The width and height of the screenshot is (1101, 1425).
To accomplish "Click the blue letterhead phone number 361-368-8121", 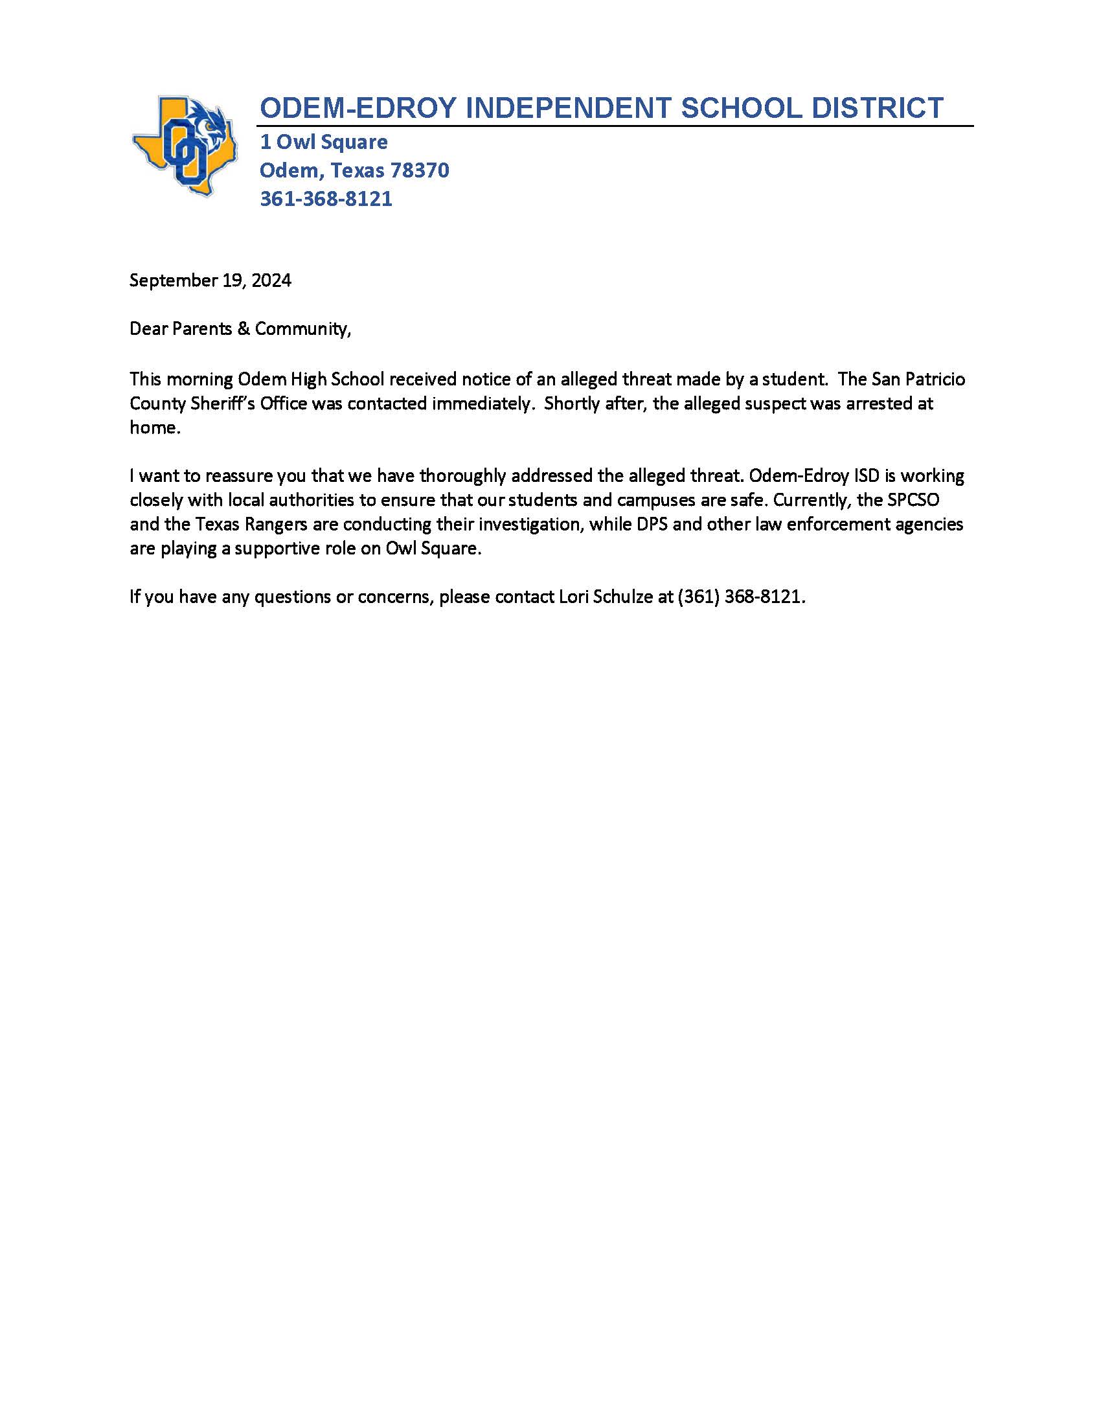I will (x=326, y=198).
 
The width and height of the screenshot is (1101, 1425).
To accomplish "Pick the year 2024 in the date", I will (x=271, y=280).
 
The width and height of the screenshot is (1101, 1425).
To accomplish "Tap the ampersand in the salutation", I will (x=244, y=329).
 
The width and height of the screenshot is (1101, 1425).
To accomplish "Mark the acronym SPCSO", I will (x=913, y=501).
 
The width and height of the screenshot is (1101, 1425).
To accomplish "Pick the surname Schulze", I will (x=623, y=597).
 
